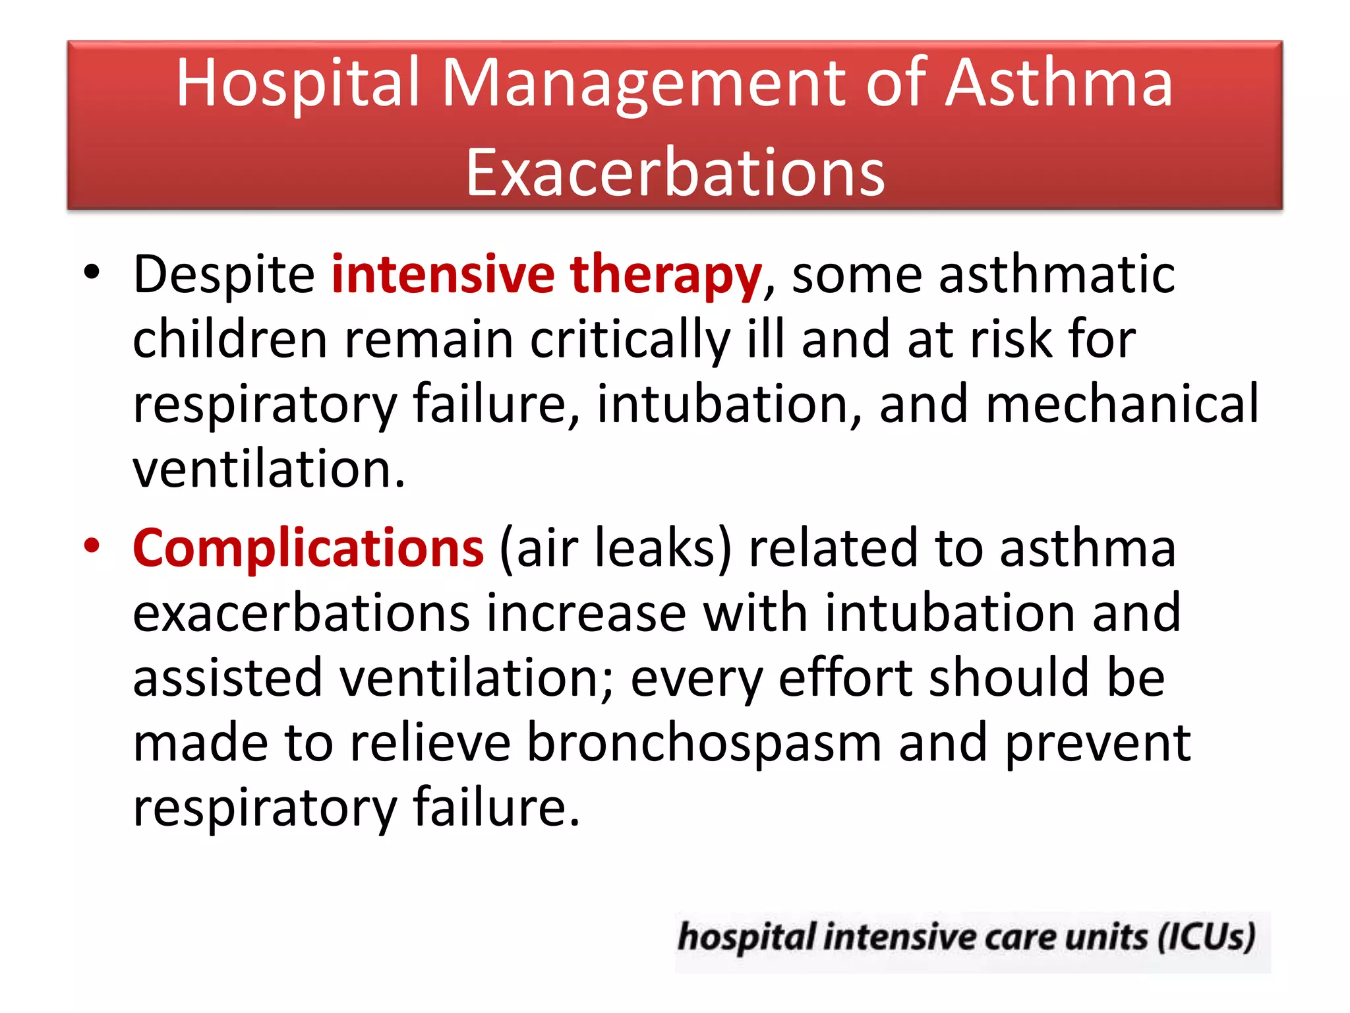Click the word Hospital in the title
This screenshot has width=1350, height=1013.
[x=298, y=84]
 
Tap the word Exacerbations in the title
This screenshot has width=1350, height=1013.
[x=675, y=173]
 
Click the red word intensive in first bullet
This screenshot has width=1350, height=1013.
[x=443, y=274]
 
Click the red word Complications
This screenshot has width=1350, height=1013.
[x=308, y=549]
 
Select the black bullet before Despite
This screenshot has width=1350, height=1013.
[x=92, y=272]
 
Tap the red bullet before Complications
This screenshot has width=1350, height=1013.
[x=92, y=546]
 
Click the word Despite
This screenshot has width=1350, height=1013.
[x=224, y=274]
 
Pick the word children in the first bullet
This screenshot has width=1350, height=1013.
[x=230, y=339]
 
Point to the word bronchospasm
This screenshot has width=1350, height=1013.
[x=704, y=743]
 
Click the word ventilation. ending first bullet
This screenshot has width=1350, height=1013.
[x=269, y=469]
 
